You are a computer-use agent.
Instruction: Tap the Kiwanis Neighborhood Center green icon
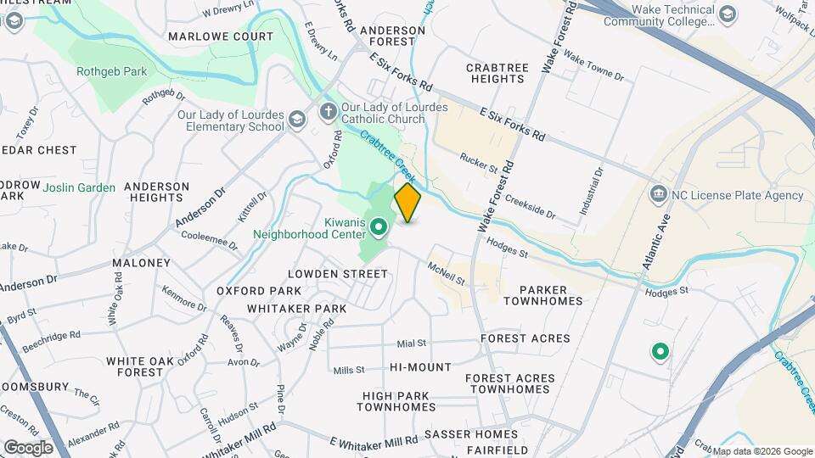pyautogui.click(x=379, y=226)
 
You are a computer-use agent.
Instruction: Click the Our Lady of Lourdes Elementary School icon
pyautogui.click(x=296, y=120)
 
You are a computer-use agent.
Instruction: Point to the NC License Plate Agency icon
pyautogui.click(x=658, y=195)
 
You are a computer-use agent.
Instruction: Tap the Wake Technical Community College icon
pyautogui.click(x=728, y=14)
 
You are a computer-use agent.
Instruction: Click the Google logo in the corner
pyautogui.click(x=27, y=447)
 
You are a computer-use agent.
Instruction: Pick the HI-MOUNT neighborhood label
pyautogui.click(x=420, y=367)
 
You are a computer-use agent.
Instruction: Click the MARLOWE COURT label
pyautogui.click(x=221, y=36)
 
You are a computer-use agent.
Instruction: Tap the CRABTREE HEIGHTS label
pyautogui.click(x=496, y=72)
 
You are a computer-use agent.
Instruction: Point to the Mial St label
pyautogui.click(x=411, y=343)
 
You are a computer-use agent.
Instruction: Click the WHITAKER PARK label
pyautogui.click(x=297, y=309)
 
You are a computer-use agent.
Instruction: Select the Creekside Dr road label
pyautogui.click(x=530, y=206)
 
